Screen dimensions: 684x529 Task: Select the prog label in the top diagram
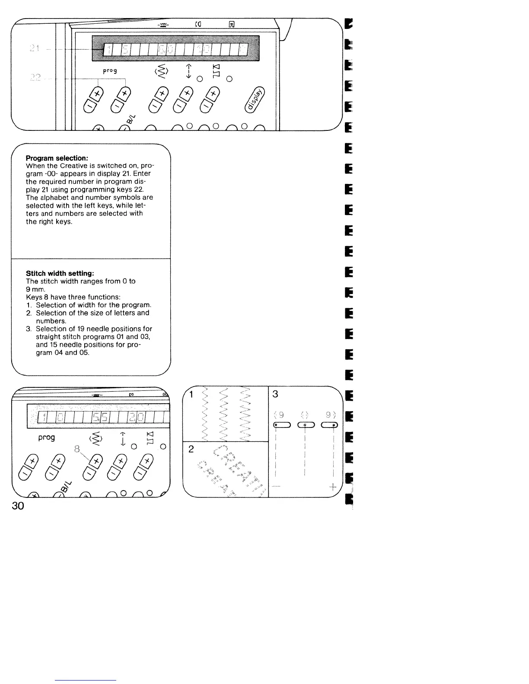coord(110,70)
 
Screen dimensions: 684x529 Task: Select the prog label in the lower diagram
coord(47,437)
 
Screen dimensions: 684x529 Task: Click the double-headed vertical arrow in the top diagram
coord(187,70)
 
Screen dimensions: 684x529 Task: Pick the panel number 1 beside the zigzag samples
coord(191,394)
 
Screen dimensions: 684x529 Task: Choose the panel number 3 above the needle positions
coord(275,394)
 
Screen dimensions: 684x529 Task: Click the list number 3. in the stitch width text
coord(29,329)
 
